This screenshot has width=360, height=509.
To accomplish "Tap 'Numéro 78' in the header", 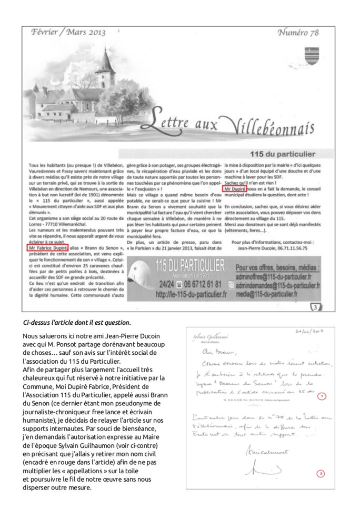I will coord(298,33).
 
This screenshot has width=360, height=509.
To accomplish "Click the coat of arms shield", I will coord(312,55).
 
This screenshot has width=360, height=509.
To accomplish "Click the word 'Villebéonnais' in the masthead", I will coord(274,127).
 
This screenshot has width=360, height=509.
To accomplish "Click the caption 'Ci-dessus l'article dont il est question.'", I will coord(76,322).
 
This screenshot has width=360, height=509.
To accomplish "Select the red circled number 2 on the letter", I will coord(321,474).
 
